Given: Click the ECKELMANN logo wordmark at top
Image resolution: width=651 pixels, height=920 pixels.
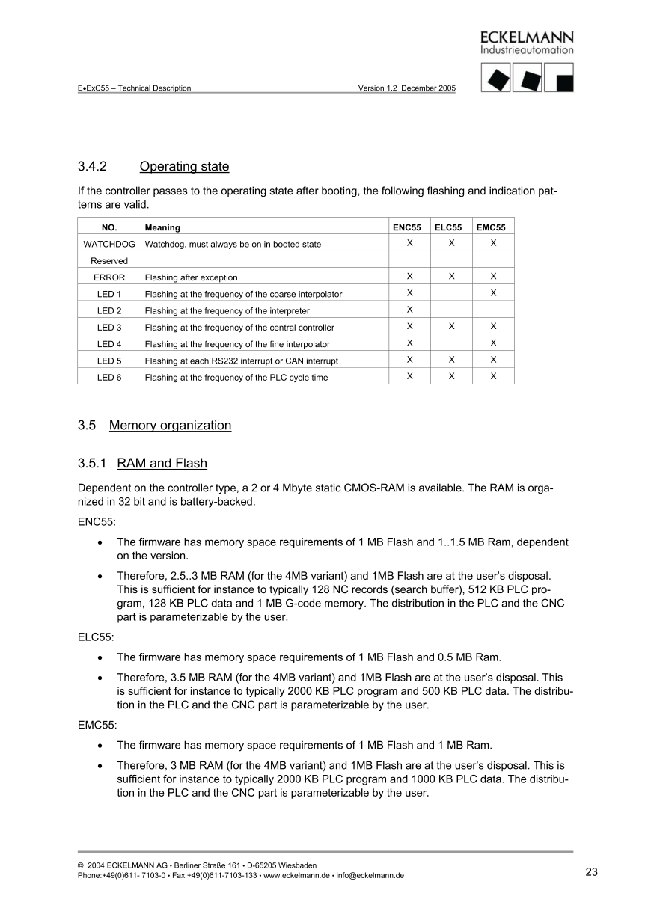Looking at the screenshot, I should (527, 37).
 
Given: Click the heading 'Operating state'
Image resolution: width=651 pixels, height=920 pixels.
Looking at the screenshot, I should (184, 166).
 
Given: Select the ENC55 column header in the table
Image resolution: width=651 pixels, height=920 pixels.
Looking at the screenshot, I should (409, 227).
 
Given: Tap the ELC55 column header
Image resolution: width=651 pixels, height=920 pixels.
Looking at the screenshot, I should (451, 227).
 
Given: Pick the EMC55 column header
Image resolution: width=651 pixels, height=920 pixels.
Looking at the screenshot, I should (493, 227).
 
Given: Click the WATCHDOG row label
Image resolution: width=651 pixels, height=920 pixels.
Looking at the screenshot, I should (109, 244).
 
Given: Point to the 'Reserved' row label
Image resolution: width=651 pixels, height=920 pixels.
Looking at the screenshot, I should (109, 261).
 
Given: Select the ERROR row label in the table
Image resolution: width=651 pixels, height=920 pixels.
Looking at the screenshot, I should (109, 277).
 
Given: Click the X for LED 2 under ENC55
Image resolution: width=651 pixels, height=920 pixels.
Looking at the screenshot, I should (409, 310).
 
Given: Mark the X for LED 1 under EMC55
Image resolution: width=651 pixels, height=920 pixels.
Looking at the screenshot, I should (493, 293).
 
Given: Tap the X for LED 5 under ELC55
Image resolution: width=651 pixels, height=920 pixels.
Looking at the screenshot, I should (451, 360).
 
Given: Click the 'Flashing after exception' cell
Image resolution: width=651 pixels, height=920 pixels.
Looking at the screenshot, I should (191, 277).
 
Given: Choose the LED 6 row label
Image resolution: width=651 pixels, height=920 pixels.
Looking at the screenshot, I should (109, 378).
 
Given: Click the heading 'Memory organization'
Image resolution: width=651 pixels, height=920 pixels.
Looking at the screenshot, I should (170, 426).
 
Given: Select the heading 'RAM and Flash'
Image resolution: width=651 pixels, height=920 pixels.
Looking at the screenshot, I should (162, 464).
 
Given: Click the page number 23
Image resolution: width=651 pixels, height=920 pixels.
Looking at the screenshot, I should (591, 872).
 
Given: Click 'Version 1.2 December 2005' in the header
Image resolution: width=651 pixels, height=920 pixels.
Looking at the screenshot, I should (406, 88).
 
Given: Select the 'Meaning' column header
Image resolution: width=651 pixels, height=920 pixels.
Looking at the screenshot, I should (162, 227).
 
